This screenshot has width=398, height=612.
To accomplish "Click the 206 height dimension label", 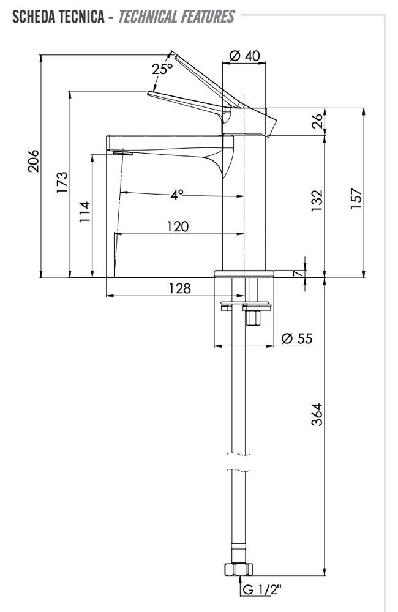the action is click(33, 160).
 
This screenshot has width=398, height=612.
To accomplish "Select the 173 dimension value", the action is click(62, 182).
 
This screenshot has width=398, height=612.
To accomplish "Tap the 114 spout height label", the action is click(84, 212).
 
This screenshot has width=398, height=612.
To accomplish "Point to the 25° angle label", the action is click(162, 69).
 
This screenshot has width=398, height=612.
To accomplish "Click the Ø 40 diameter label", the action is click(244, 56).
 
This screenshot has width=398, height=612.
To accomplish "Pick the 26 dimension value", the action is click(318, 121).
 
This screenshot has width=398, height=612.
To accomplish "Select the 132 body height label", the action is click(317, 201).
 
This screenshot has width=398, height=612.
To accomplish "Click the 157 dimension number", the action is click(356, 198).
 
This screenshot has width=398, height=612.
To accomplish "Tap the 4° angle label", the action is click(176, 195).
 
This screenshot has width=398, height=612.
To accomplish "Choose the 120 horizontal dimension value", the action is click(178, 226).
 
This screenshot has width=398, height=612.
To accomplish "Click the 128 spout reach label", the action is click(179, 288).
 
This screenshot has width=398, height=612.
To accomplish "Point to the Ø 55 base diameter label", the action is click(297, 338).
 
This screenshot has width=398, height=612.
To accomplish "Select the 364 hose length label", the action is click(317, 414).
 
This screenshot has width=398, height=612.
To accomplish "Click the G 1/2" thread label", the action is click(261, 589).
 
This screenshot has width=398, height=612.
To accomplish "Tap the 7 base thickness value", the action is click(298, 273).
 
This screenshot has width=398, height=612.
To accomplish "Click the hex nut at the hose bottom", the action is click(238, 569).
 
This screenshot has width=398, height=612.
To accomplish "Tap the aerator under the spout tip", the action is click(122, 153).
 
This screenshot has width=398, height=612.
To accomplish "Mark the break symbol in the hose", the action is click(239, 462).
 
